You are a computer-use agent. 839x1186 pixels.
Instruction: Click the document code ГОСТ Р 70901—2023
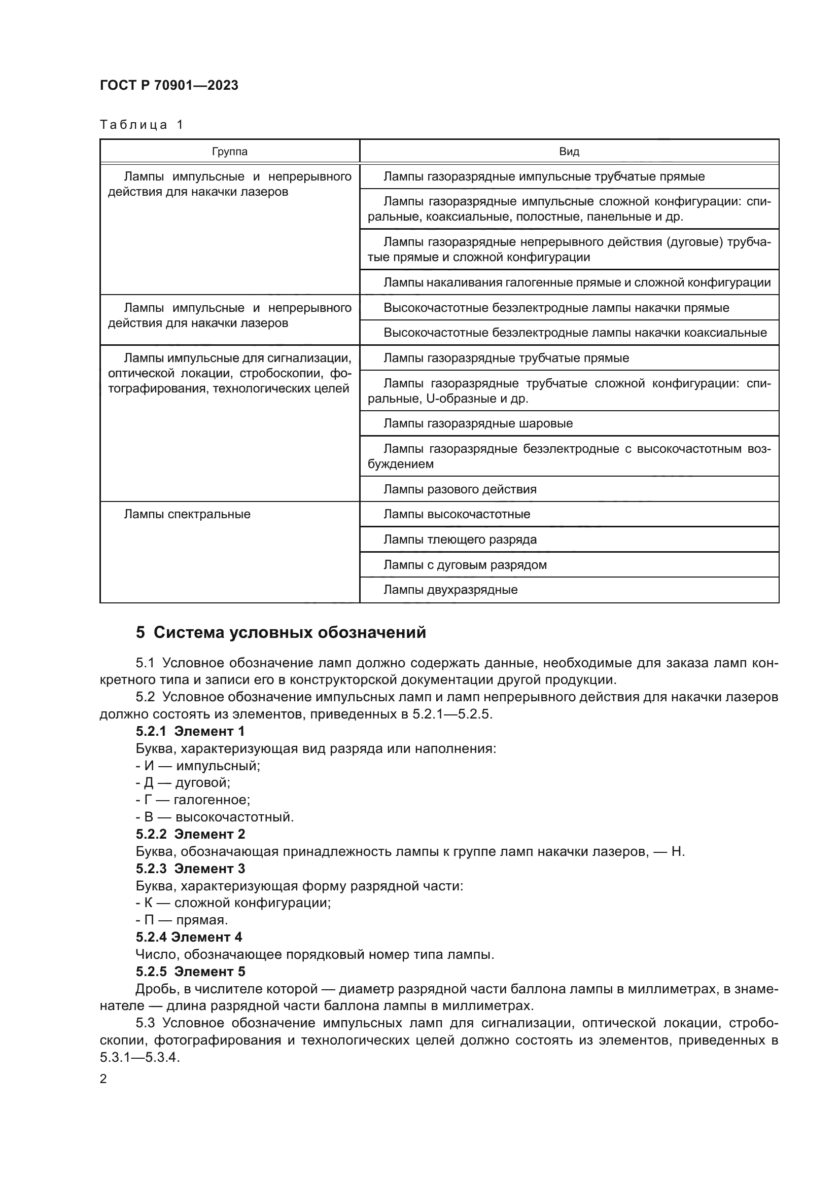tap(169, 85)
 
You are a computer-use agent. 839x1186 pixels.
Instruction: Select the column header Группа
tap(229, 151)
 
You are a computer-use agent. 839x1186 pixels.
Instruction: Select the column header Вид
tap(569, 151)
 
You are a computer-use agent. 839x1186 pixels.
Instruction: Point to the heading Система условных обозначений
tap(281, 632)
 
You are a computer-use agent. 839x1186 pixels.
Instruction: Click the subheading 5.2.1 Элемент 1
tap(190, 731)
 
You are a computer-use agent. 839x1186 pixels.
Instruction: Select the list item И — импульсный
tap(198, 766)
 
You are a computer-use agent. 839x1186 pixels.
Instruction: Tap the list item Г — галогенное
tap(193, 800)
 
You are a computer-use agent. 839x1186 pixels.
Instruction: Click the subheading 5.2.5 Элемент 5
tap(190, 972)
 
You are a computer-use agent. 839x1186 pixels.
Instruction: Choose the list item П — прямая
tap(182, 920)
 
